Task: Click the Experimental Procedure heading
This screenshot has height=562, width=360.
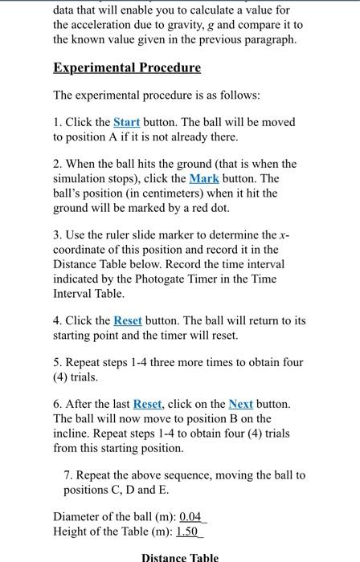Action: tap(126, 67)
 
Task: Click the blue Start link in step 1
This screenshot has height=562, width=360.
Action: tap(126, 122)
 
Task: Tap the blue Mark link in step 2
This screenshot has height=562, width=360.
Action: tap(203, 178)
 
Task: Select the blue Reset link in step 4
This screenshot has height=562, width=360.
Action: tap(128, 320)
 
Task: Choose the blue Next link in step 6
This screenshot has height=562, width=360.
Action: tap(240, 404)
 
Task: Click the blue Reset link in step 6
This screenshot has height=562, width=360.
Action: tap(147, 404)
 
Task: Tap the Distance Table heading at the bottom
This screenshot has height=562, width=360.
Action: tap(180, 557)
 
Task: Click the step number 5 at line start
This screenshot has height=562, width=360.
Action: tap(57, 362)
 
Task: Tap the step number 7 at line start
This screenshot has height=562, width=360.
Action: tap(67, 474)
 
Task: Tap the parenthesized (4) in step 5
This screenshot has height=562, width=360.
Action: tap(62, 377)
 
